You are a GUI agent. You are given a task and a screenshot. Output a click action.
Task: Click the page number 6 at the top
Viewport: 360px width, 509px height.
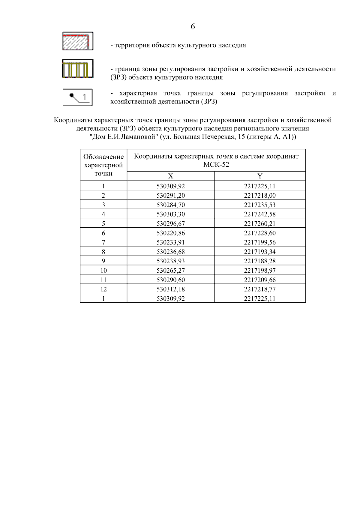(x=193, y=27)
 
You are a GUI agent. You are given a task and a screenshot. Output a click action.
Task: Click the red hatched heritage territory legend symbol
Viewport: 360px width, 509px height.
(x=77, y=41)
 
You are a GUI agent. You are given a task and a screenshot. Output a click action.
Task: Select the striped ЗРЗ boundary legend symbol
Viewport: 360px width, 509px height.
(x=77, y=69)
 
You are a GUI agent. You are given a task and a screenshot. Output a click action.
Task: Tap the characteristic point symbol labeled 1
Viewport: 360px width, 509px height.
(x=77, y=97)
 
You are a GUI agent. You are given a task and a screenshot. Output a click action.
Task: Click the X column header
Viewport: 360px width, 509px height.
(x=170, y=176)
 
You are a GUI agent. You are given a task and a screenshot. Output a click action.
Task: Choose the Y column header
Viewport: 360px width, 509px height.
(x=260, y=176)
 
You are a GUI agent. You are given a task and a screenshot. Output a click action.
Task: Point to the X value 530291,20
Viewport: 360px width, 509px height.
(x=171, y=196)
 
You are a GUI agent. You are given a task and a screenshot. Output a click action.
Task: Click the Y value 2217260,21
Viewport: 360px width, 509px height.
(x=260, y=223)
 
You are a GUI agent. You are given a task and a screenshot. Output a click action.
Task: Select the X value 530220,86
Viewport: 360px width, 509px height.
(x=171, y=233)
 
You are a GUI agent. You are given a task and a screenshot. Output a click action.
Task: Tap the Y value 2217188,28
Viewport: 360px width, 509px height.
(x=260, y=261)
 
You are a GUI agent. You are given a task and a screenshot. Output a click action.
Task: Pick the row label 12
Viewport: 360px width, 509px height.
(x=103, y=289)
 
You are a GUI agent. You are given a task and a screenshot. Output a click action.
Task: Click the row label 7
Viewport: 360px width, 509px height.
(x=103, y=242)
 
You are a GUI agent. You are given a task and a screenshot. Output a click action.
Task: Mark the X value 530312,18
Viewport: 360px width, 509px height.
(x=171, y=289)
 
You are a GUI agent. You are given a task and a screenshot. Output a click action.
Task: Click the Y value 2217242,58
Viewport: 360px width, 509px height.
(x=260, y=214)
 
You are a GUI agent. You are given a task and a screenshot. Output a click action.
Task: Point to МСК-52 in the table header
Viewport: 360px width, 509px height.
(x=216, y=165)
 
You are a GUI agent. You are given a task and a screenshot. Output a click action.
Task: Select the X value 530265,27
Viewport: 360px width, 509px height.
(x=171, y=271)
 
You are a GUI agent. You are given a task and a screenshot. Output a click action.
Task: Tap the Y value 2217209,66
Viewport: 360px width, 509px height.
(x=260, y=280)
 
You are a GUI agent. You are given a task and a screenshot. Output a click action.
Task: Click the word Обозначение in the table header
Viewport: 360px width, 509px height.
(x=103, y=157)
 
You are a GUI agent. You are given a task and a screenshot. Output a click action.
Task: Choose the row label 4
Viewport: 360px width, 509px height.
(x=103, y=214)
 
